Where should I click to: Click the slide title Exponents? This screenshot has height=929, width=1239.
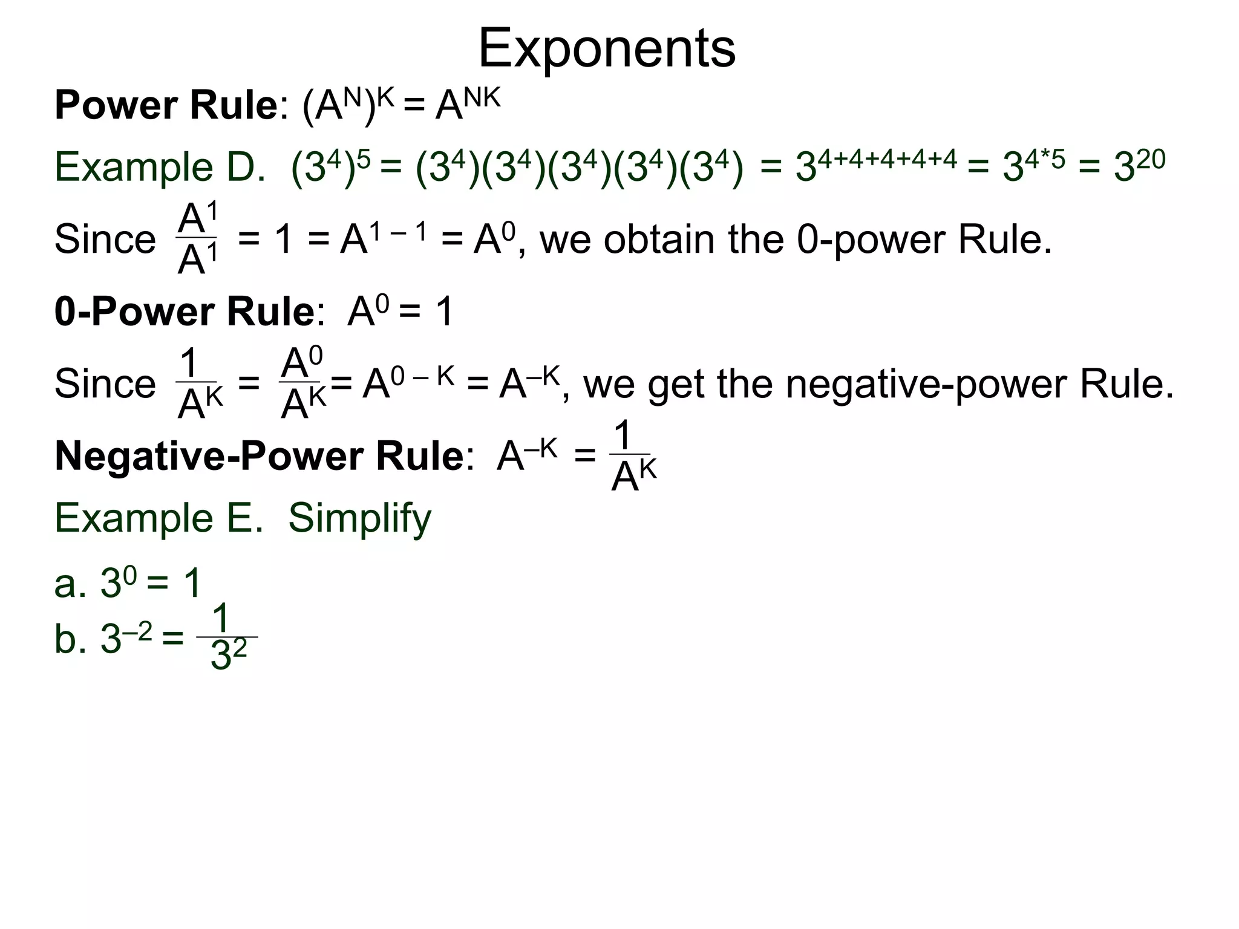coord(607,48)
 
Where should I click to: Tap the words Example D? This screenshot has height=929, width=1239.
coord(160,168)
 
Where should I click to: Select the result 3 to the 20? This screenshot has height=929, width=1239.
coord(1139,165)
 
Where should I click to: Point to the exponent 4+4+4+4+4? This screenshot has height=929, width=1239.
coord(888,158)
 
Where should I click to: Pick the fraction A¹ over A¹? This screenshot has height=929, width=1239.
coord(197,239)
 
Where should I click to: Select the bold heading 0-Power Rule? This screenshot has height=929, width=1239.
coord(184,312)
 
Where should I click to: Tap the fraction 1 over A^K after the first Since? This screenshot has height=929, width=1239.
coord(198,384)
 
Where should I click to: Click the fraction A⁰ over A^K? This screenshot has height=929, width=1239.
coord(302,384)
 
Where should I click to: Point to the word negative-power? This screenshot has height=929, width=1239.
coord(858,384)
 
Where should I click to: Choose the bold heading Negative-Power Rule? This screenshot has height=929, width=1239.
coord(259,456)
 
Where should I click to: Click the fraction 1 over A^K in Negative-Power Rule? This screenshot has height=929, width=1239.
coord(632,458)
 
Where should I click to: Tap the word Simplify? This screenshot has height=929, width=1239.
coord(359,518)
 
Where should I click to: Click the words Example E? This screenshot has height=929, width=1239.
coord(159,518)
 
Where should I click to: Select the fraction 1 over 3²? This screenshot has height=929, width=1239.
coord(227,637)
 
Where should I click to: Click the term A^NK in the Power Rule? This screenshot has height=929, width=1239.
coord(468,104)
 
